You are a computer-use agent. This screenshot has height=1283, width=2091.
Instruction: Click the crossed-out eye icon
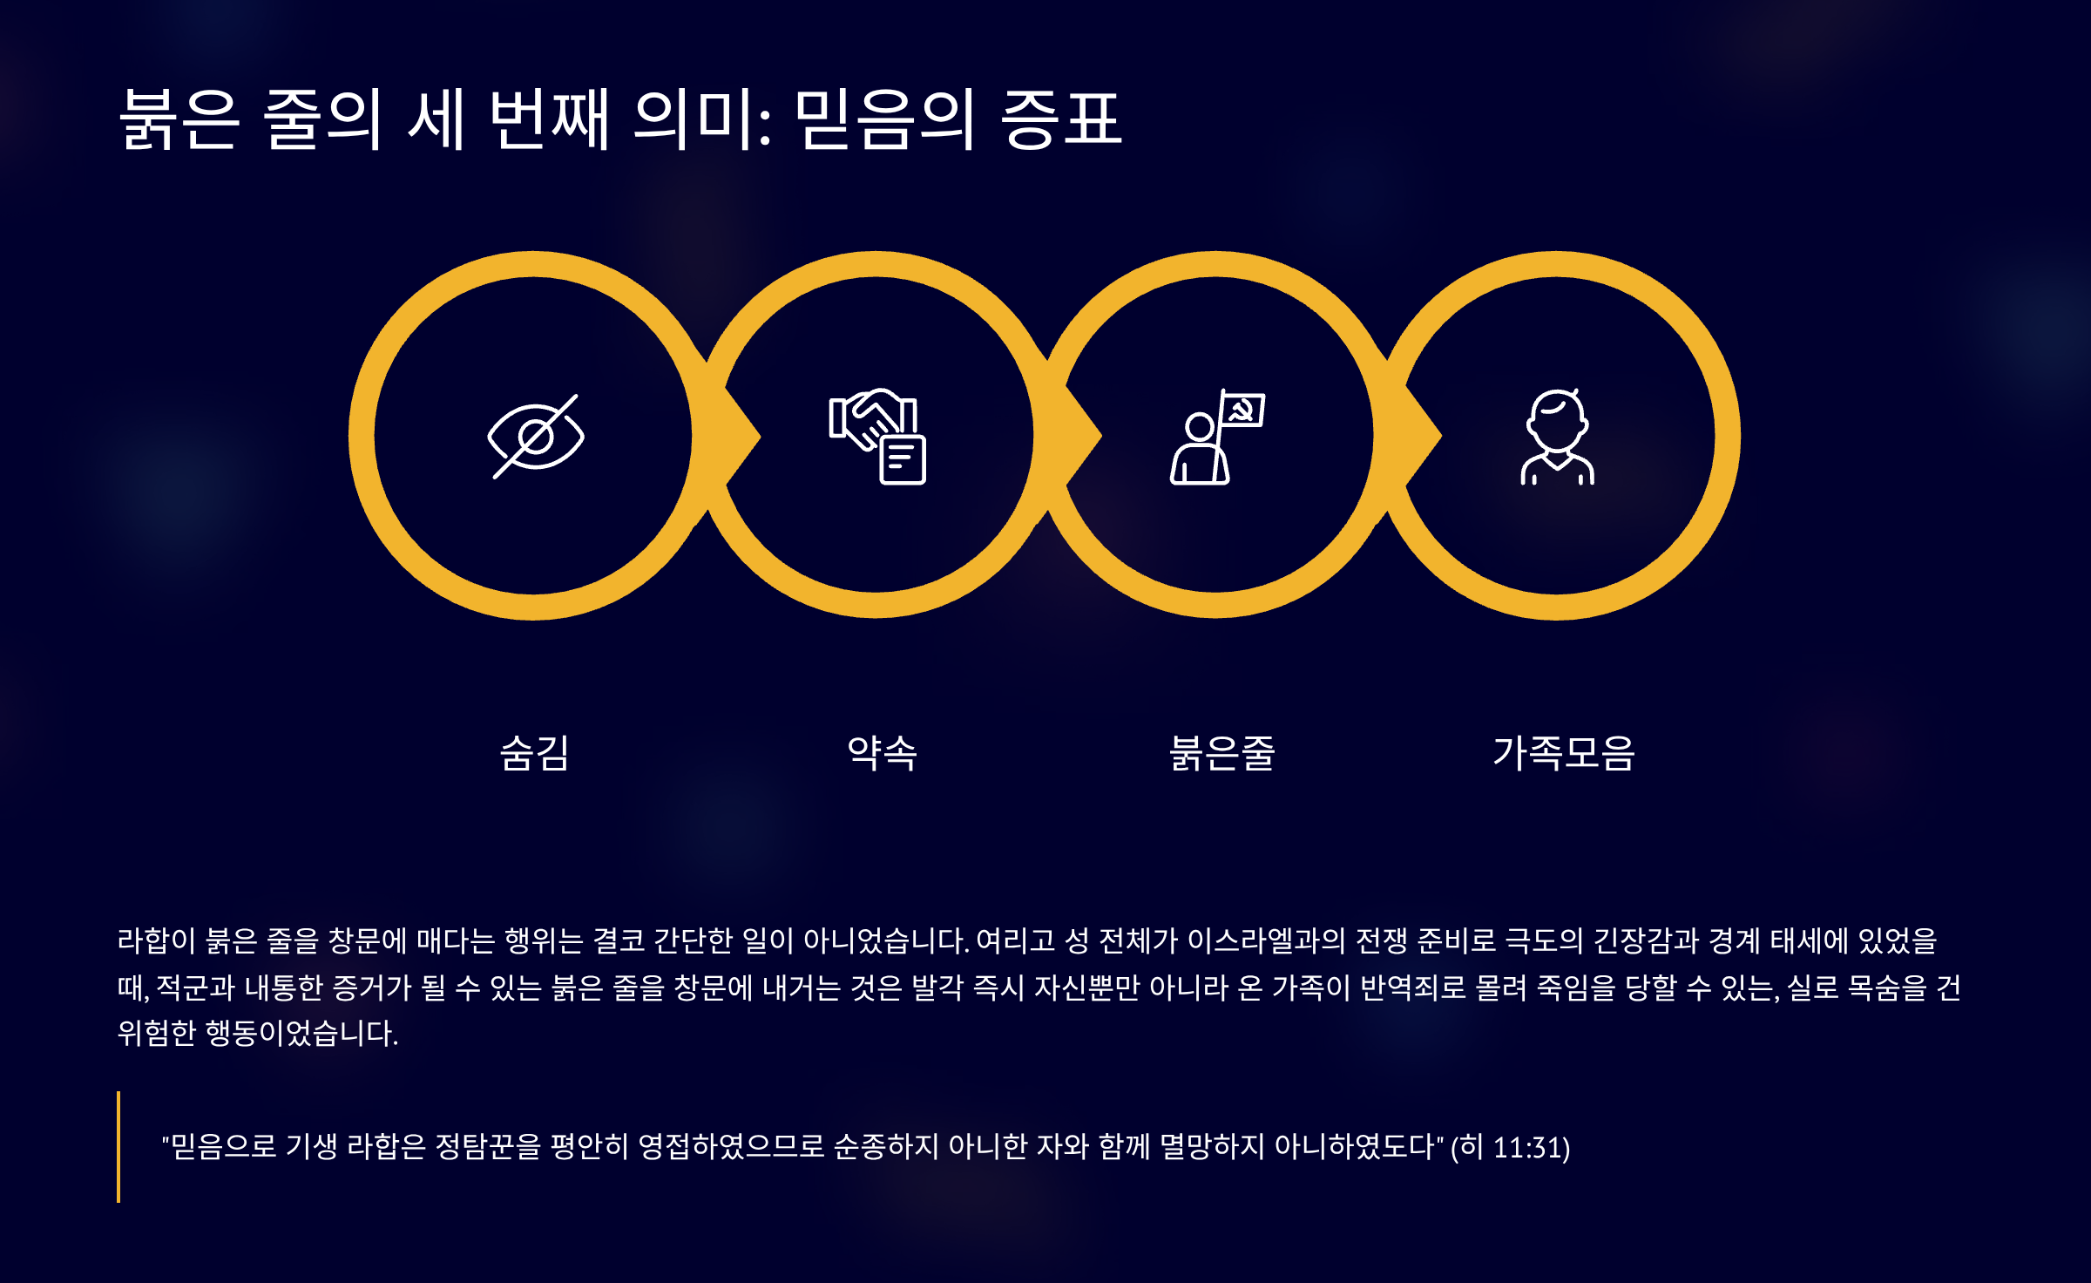pyautogui.click(x=536, y=436)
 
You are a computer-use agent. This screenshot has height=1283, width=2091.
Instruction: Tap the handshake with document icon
pyautogui.click(x=877, y=436)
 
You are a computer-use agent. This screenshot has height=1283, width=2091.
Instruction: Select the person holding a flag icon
pyautogui.click(x=1217, y=436)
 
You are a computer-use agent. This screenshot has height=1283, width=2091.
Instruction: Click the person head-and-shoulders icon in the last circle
pyautogui.click(x=1558, y=436)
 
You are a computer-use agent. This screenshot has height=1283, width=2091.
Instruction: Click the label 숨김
pyautogui.click(x=535, y=753)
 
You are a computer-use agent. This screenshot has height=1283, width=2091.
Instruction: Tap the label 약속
pyautogui.click(x=882, y=753)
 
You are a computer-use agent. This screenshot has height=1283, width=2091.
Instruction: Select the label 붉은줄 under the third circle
pyautogui.click(x=1221, y=753)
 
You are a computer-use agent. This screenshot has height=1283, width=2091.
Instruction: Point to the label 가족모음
pyautogui.click(x=1564, y=753)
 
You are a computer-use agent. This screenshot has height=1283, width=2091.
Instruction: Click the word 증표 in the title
pyautogui.click(x=1061, y=119)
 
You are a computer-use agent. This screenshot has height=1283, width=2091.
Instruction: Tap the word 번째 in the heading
pyautogui.click(x=550, y=119)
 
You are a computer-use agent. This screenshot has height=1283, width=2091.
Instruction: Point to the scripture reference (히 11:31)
pyautogui.click(x=1511, y=1147)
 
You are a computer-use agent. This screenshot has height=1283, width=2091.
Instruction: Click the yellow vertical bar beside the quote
pyautogui.click(x=118, y=1147)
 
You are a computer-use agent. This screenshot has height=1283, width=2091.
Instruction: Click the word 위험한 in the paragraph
pyautogui.click(x=157, y=1033)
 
